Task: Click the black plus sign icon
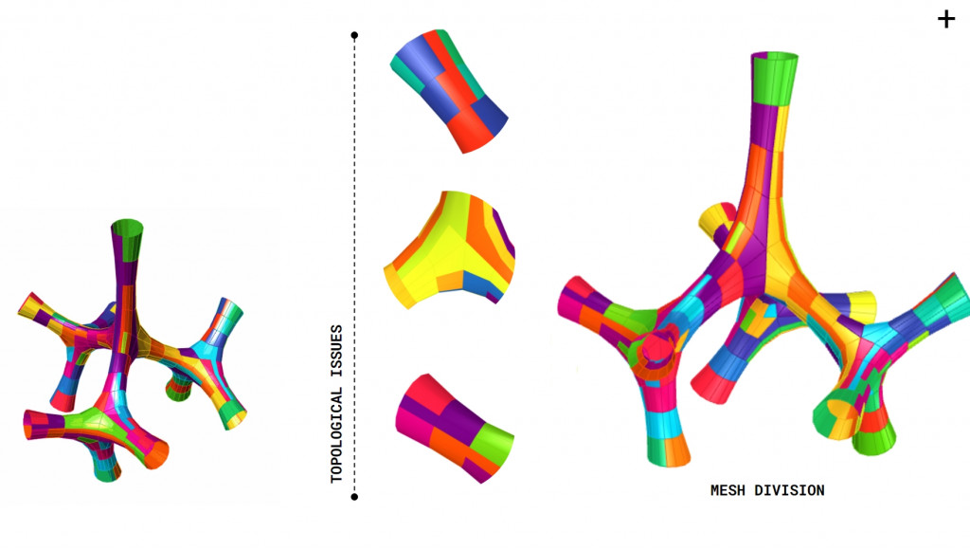(x=946, y=19)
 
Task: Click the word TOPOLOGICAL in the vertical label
(x=336, y=435)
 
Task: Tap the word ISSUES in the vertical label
(x=336, y=351)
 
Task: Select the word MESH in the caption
(x=727, y=490)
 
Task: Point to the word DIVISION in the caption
(x=789, y=490)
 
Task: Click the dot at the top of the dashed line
(x=354, y=35)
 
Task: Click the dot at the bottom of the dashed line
(x=354, y=497)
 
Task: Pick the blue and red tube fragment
(x=449, y=90)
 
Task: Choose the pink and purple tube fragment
(x=455, y=428)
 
